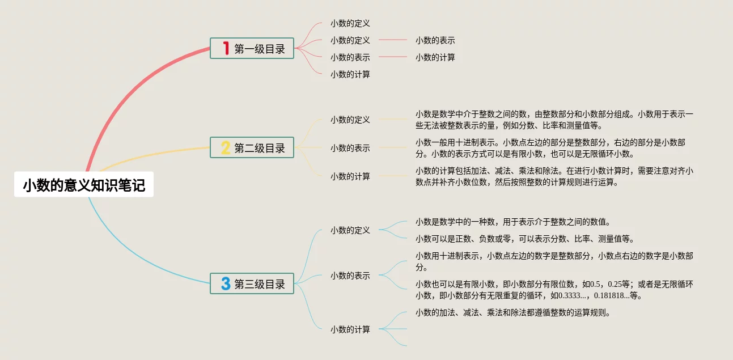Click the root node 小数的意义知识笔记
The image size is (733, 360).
click(84, 186)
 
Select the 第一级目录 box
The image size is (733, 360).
click(252, 49)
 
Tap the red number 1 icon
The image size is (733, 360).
click(226, 49)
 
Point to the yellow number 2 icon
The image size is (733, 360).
click(226, 148)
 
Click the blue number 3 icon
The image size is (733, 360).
click(226, 283)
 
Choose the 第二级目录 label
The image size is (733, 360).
click(260, 149)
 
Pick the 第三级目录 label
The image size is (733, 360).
click(260, 284)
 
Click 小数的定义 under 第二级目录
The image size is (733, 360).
click(350, 120)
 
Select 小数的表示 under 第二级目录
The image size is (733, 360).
click(350, 148)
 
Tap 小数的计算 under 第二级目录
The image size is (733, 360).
click(350, 176)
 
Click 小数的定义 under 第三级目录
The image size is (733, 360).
click(350, 230)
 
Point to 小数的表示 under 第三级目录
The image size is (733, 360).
click(350, 276)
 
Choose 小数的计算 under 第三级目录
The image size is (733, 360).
click(350, 329)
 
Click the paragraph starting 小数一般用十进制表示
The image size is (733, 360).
click(550, 148)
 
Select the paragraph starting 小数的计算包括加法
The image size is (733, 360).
click(554, 176)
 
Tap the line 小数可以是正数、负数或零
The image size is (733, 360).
click(525, 239)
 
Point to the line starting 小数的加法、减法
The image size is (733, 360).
click(512, 312)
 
